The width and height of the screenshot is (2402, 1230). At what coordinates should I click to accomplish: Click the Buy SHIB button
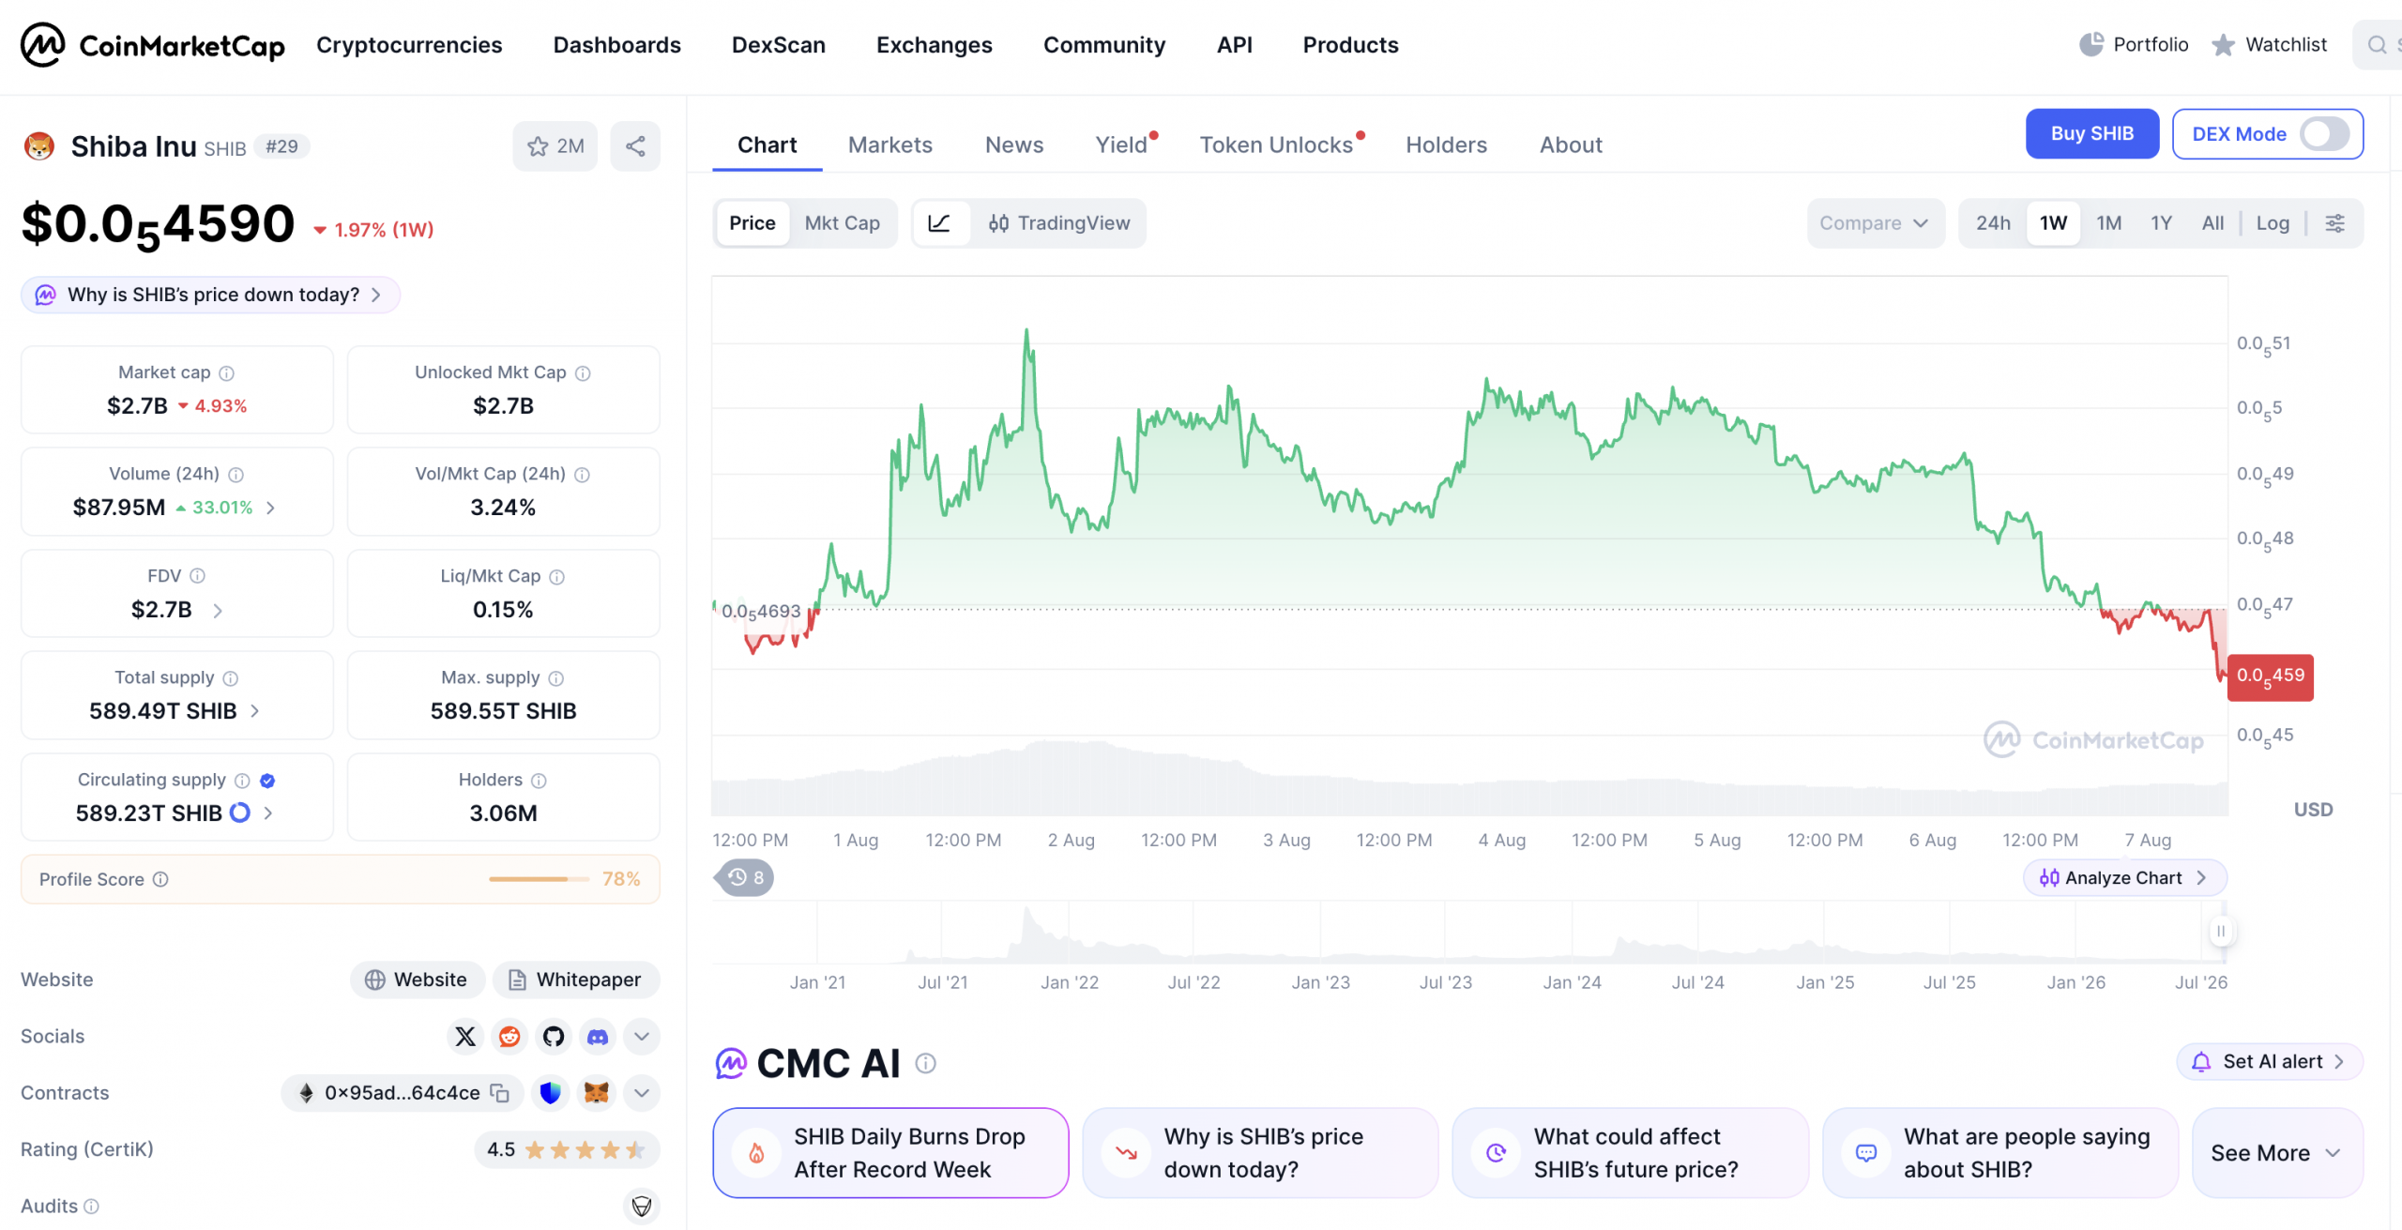[2091, 134]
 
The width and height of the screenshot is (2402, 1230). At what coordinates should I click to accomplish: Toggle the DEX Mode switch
[2323, 134]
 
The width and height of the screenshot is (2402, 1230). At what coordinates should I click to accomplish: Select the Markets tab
[889, 144]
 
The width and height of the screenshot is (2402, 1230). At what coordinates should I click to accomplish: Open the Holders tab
[1446, 144]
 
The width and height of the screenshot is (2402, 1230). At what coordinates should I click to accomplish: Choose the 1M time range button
[2108, 223]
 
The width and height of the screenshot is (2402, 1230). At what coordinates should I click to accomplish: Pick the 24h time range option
[1993, 223]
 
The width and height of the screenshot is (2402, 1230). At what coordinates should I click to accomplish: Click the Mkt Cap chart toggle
[842, 223]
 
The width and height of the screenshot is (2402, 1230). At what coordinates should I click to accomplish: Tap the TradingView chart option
[1059, 223]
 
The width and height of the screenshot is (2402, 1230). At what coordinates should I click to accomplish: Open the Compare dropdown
[1875, 223]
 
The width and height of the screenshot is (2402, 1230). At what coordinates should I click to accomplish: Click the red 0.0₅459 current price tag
[2270, 676]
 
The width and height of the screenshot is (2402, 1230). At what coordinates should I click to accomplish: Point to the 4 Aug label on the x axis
[1501, 840]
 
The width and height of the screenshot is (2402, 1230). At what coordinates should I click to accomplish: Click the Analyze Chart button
[2124, 878]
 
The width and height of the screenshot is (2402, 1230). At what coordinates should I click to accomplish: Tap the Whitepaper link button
[576, 979]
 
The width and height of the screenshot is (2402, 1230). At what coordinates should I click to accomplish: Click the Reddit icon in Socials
[509, 1037]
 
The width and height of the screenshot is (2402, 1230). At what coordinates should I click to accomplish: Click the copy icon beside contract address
[500, 1093]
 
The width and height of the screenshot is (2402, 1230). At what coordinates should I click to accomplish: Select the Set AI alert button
[2269, 1061]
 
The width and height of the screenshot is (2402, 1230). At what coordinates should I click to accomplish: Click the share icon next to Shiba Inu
[635, 146]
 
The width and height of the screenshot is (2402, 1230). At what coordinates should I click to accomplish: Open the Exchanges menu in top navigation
[934, 45]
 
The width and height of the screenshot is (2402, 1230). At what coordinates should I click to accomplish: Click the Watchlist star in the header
[2223, 45]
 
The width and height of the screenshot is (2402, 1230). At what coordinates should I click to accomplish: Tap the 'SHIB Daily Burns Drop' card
[890, 1152]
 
